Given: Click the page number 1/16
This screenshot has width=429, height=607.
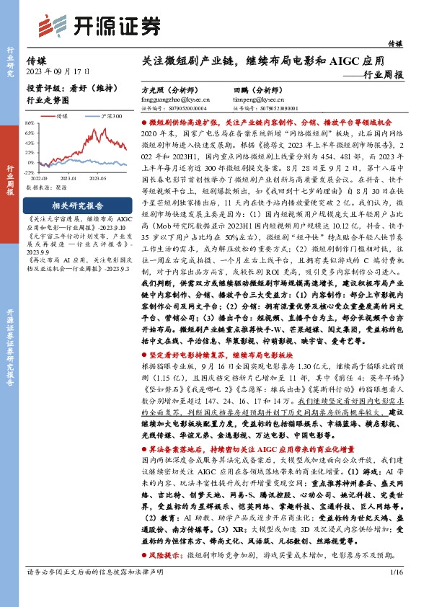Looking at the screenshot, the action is (395, 593).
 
